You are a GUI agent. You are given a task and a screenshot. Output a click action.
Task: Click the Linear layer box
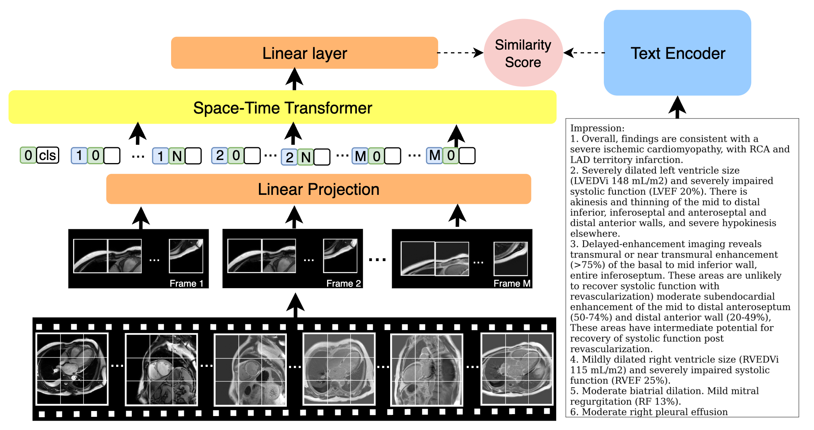(x=304, y=53)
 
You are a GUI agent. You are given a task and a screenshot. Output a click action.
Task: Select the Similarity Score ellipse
(x=523, y=53)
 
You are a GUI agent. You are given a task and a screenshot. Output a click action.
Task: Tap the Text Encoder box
(x=677, y=53)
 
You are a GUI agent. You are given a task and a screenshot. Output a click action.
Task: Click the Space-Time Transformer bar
(x=282, y=107)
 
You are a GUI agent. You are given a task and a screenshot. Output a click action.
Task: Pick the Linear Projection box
(x=318, y=189)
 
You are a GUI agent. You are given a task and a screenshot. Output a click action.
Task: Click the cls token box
(x=48, y=155)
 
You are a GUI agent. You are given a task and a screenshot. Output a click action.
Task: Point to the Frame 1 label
(x=186, y=283)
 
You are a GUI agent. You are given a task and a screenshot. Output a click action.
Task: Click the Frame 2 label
(x=343, y=283)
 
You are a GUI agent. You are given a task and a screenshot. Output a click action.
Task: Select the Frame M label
(x=512, y=283)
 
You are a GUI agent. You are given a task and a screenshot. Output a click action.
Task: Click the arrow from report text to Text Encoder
(x=677, y=107)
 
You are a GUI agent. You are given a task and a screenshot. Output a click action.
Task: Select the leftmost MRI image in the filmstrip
(x=72, y=369)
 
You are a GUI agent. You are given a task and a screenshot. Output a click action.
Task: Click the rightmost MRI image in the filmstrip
(x=517, y=369)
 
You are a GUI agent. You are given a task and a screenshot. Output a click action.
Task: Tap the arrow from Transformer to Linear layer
(x=295, y=79)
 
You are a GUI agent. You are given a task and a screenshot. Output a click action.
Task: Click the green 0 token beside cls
(x=28, y=155)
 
